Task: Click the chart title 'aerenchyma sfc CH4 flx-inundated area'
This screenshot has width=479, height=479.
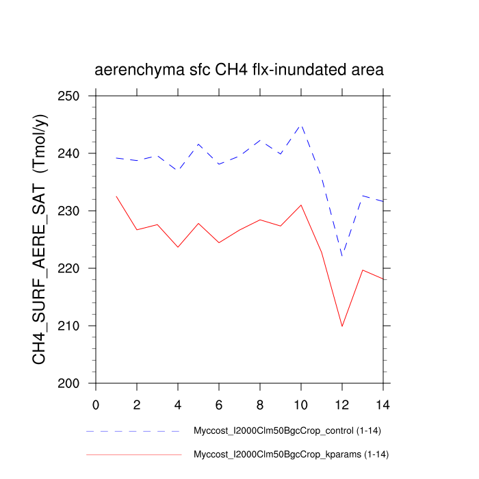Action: [x=239, y=70]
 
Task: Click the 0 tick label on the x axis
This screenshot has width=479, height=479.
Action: [x=96, y=404]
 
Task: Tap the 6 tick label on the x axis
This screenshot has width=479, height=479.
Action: [x=219, y=404]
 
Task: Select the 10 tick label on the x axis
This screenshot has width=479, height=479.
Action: [x=301, y=404]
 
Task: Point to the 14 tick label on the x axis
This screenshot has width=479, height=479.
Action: [x=383, y=404]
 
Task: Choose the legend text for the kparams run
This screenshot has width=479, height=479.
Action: [x=292, y=454]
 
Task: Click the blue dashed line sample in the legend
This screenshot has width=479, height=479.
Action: [x=133, y=432]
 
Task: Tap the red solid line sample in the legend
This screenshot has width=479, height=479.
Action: [x=133, y=454]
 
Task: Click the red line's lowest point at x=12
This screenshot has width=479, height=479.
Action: [x=342, y=326]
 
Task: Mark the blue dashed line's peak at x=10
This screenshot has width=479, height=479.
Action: [x=301, y=125]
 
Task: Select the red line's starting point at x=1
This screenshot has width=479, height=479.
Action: [x=116, y=196]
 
